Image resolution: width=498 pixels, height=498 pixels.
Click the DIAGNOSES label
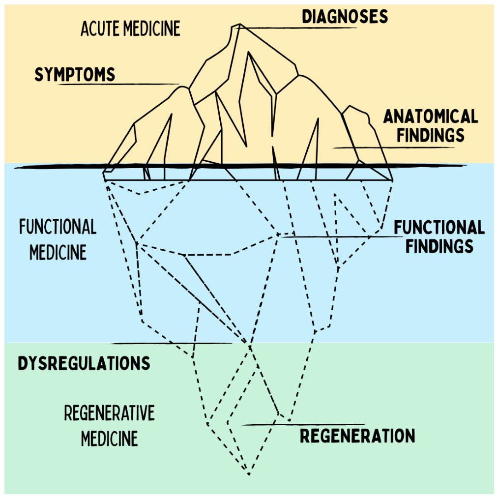[x=345, y=17]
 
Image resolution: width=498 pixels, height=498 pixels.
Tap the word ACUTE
[x=100, y=28]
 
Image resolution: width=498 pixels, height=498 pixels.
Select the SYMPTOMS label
[x=75, y=75]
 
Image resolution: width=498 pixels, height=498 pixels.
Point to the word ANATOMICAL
[x=431, y=116]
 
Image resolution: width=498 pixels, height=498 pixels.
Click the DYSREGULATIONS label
[x=84, y=363]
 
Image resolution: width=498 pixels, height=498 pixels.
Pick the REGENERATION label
[x=357, y=436]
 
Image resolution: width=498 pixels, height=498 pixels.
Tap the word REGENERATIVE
[x=109, y=413]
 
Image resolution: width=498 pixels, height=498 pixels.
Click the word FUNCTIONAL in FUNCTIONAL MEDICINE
[x=58, y=227]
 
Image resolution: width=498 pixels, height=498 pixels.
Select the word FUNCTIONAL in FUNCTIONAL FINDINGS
[x=439, y=227]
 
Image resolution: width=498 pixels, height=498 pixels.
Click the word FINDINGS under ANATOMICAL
[x=431, y=135]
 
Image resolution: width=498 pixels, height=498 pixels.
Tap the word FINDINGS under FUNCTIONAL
[x=439, y=246]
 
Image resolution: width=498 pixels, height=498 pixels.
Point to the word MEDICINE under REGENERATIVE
[x=109, y=439]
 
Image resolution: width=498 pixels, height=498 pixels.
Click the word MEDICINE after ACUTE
[x=152, y=28]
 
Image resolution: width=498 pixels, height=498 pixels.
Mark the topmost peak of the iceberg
[x=240, y=24]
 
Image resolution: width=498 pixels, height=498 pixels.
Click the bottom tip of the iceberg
[x=249, y=475]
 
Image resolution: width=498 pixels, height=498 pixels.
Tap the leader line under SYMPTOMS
[x=119, y=84]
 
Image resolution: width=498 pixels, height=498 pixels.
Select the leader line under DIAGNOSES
[x=296, y=28]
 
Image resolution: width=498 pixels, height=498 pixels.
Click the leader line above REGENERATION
[x=304, y=425]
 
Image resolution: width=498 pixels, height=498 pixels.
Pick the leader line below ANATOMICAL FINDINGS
[x=394, y=147]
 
